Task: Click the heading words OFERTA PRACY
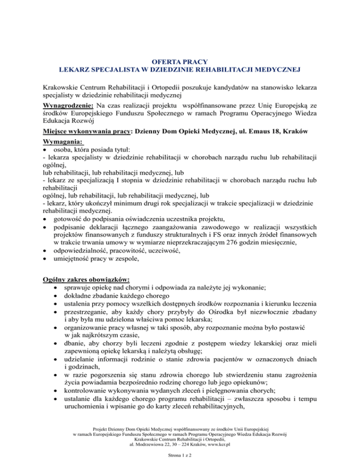point(180,61)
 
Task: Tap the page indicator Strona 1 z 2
point(180,457)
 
